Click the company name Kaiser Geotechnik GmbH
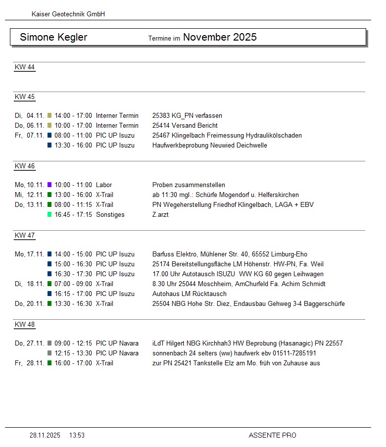coord(68,14)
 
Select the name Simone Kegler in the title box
coord(53,38)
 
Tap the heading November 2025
coord(220,37)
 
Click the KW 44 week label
coord(25,67)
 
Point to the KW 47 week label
coord(25,236)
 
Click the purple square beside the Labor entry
coord(49,185)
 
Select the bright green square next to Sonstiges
coord(49,214)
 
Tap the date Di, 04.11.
coord(29,115)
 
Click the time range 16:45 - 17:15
coord(73,214)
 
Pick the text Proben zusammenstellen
coord(189,185)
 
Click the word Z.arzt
coord(160,214)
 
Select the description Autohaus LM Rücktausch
coord(189,294)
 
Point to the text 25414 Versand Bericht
coord(185,125)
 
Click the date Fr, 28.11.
coord(29,363)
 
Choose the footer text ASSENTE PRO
coord(272,435)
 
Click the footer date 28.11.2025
coord(45,435)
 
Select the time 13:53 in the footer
coord(77,435)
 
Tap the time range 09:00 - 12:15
coord(73,343)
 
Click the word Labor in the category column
coord(104,185)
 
